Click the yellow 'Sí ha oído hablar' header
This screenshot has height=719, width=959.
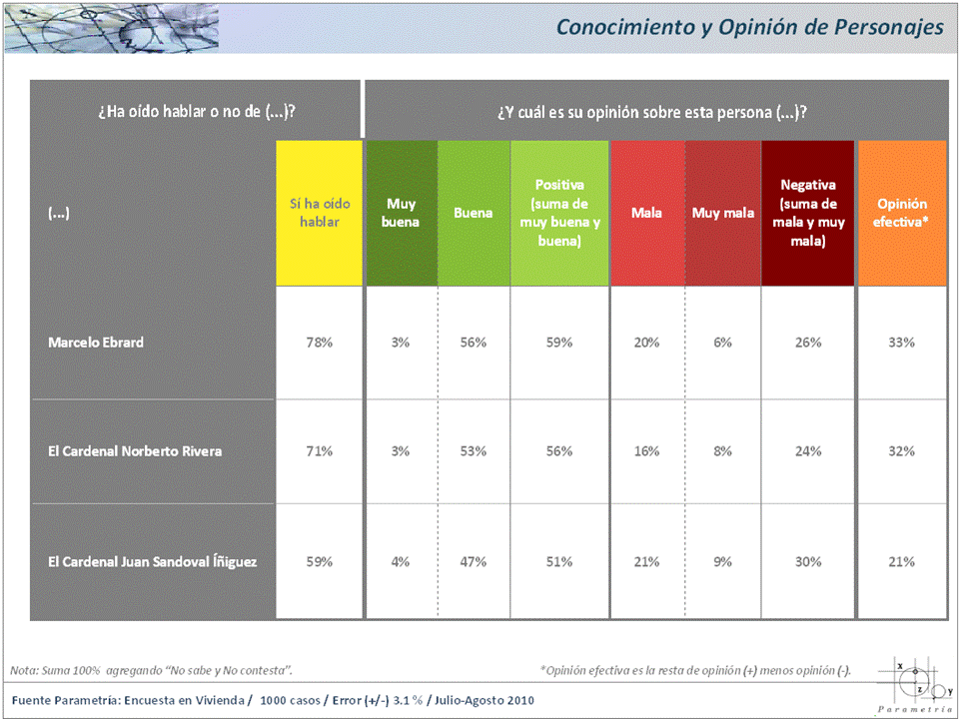pyautogui.click(x=320, y=213)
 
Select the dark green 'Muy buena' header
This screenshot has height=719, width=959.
pyautogui.click(x=401, y=213)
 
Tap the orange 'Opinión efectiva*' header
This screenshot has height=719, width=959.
pyautogui.click(x=902, y=213)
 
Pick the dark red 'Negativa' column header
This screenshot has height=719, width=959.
pyautogui.click(x=808, y=213)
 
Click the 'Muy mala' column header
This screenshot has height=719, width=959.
pyautogui.click(x=723, y=213)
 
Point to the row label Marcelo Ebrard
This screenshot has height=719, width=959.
pyautogui.click(x=96, y=343)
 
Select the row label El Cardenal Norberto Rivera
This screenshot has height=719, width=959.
pyautogui.click(x=135, y=451)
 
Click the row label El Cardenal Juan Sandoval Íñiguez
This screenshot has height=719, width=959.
pyautogui.click(x=153, y=562)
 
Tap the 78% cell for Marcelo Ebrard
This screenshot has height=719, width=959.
pyautogui.click(x=320, y=343)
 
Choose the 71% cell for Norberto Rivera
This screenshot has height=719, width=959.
pyautogui.click(x=320, y=451)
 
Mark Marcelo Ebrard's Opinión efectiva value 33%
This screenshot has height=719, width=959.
pyautogui.click(x=902, y=343)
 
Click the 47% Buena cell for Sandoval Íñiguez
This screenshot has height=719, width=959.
pyautogui.click(x=473, y=562)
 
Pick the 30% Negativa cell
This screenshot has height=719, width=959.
pyautogui.click(x=808, y=562)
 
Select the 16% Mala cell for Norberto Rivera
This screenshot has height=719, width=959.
pyautogui.click(x=646, y=451)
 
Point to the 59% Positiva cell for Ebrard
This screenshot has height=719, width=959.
pyautogui.click(x=559, y=343)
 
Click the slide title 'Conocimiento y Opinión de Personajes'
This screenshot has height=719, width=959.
pyautogui.click(x=749, y=27)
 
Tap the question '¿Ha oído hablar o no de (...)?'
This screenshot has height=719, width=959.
pyautogui.click(x=196, y=111)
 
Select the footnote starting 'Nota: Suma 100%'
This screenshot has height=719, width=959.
pyautogui.click(x=151, y=669)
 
